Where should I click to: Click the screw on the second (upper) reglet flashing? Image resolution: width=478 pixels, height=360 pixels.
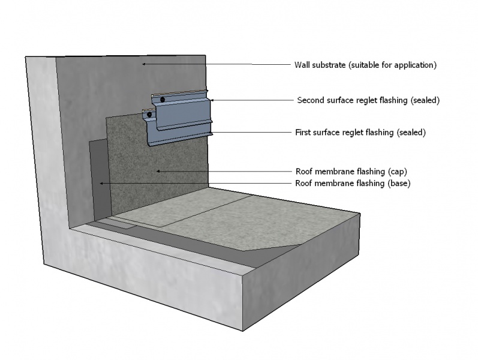(x=162, y=99)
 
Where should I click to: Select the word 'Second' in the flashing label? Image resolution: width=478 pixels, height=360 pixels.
(x=311, y=100)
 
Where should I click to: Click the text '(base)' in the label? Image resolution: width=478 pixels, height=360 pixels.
(x=398, y=184)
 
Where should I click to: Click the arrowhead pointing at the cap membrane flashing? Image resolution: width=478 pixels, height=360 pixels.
(x=158, y=171)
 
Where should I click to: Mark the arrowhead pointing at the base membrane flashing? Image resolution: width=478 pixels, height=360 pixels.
(x=102, y=183)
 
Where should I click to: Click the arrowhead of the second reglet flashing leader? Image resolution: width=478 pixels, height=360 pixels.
(x=211, y=100)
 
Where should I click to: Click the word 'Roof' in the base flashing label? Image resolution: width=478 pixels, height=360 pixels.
(x=305, y=184)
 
